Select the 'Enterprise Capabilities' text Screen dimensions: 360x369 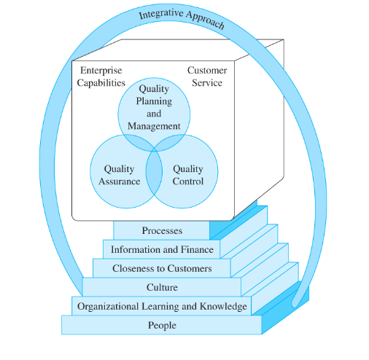101,77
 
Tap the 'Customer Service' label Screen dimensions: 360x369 207,77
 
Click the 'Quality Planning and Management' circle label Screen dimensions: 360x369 154,107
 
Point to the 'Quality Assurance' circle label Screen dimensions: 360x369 119,175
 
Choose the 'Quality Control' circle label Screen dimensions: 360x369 187,175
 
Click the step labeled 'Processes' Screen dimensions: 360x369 162,231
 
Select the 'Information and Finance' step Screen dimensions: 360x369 162,250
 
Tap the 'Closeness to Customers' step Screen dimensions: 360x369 162,268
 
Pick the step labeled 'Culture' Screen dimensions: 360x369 162,287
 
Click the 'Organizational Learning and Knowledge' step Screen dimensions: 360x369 162,306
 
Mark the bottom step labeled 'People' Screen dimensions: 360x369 162,325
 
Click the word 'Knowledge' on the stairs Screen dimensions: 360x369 223,306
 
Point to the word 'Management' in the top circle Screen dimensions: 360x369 154,126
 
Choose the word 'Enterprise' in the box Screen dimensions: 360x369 101,71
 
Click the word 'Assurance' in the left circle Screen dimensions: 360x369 119,181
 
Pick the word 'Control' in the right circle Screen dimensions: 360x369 187,181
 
